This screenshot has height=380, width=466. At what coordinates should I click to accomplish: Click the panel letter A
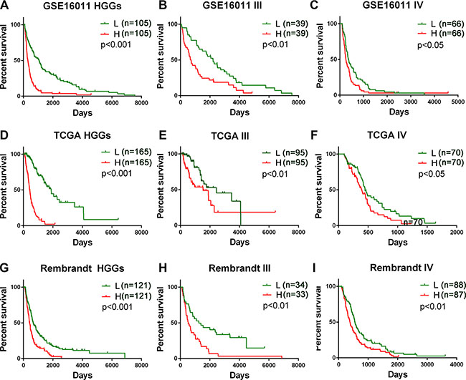coord(5,7)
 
